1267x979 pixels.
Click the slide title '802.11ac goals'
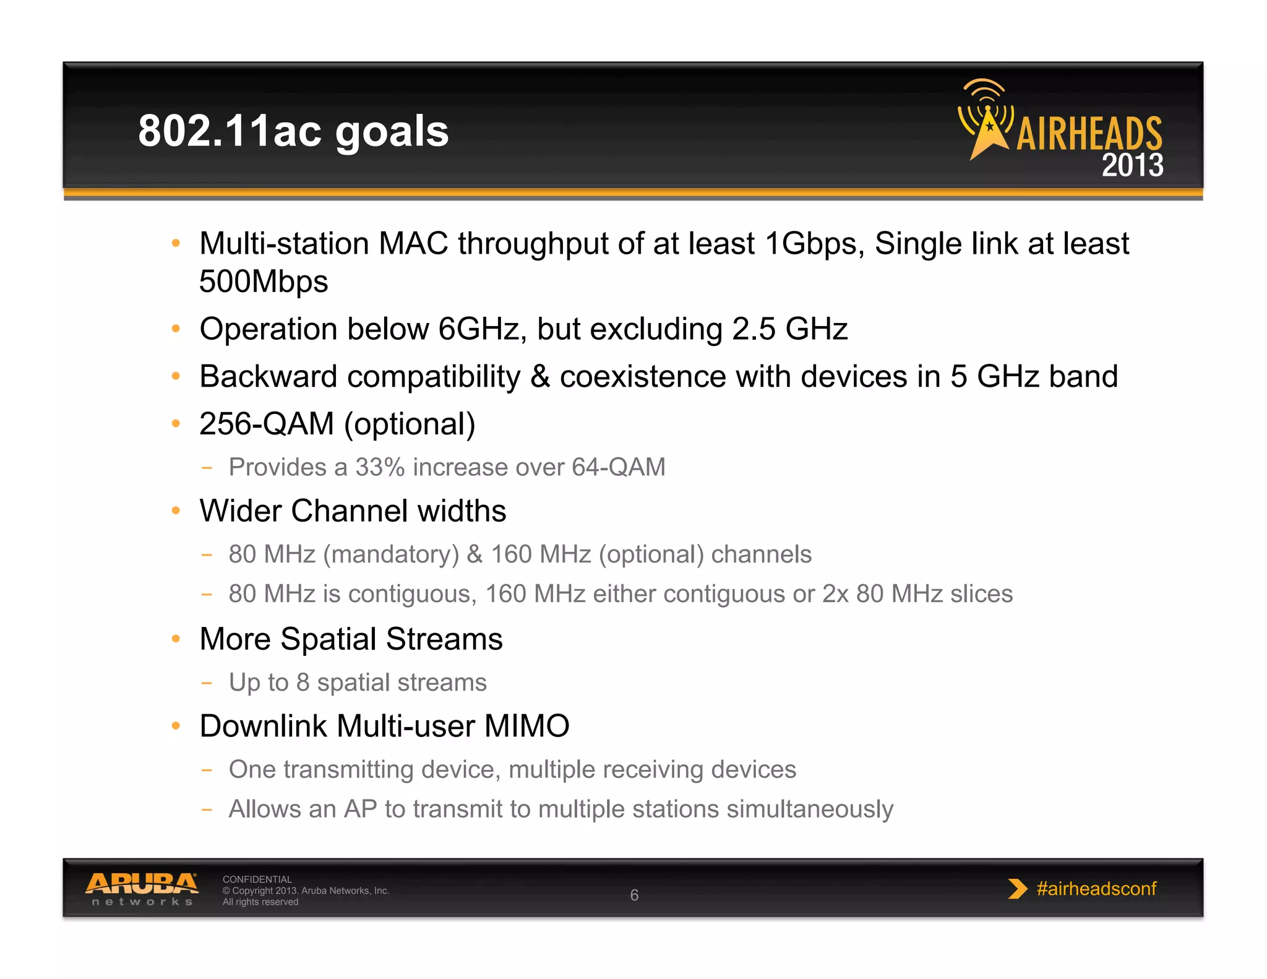coord(293,131)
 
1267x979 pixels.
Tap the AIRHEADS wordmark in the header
coord(1089,134)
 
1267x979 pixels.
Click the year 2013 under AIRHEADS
coord(1132,165)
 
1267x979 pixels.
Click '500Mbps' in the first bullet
coord(264,282)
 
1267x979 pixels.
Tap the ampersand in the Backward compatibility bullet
coord(540,376)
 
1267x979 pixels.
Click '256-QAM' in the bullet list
coord(267,424)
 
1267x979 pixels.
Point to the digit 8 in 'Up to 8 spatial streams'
coord(303,683)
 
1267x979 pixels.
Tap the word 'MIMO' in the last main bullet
coord(526,726)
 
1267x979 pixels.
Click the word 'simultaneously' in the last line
coord(810,809)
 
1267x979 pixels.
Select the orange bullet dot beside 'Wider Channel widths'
coord(176,511)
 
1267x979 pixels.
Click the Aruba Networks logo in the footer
coord(142,889)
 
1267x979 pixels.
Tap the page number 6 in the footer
coord(634,895)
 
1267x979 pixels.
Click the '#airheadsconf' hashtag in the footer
coord(1096,889)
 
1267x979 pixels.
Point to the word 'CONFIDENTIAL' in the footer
coord(257,879)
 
